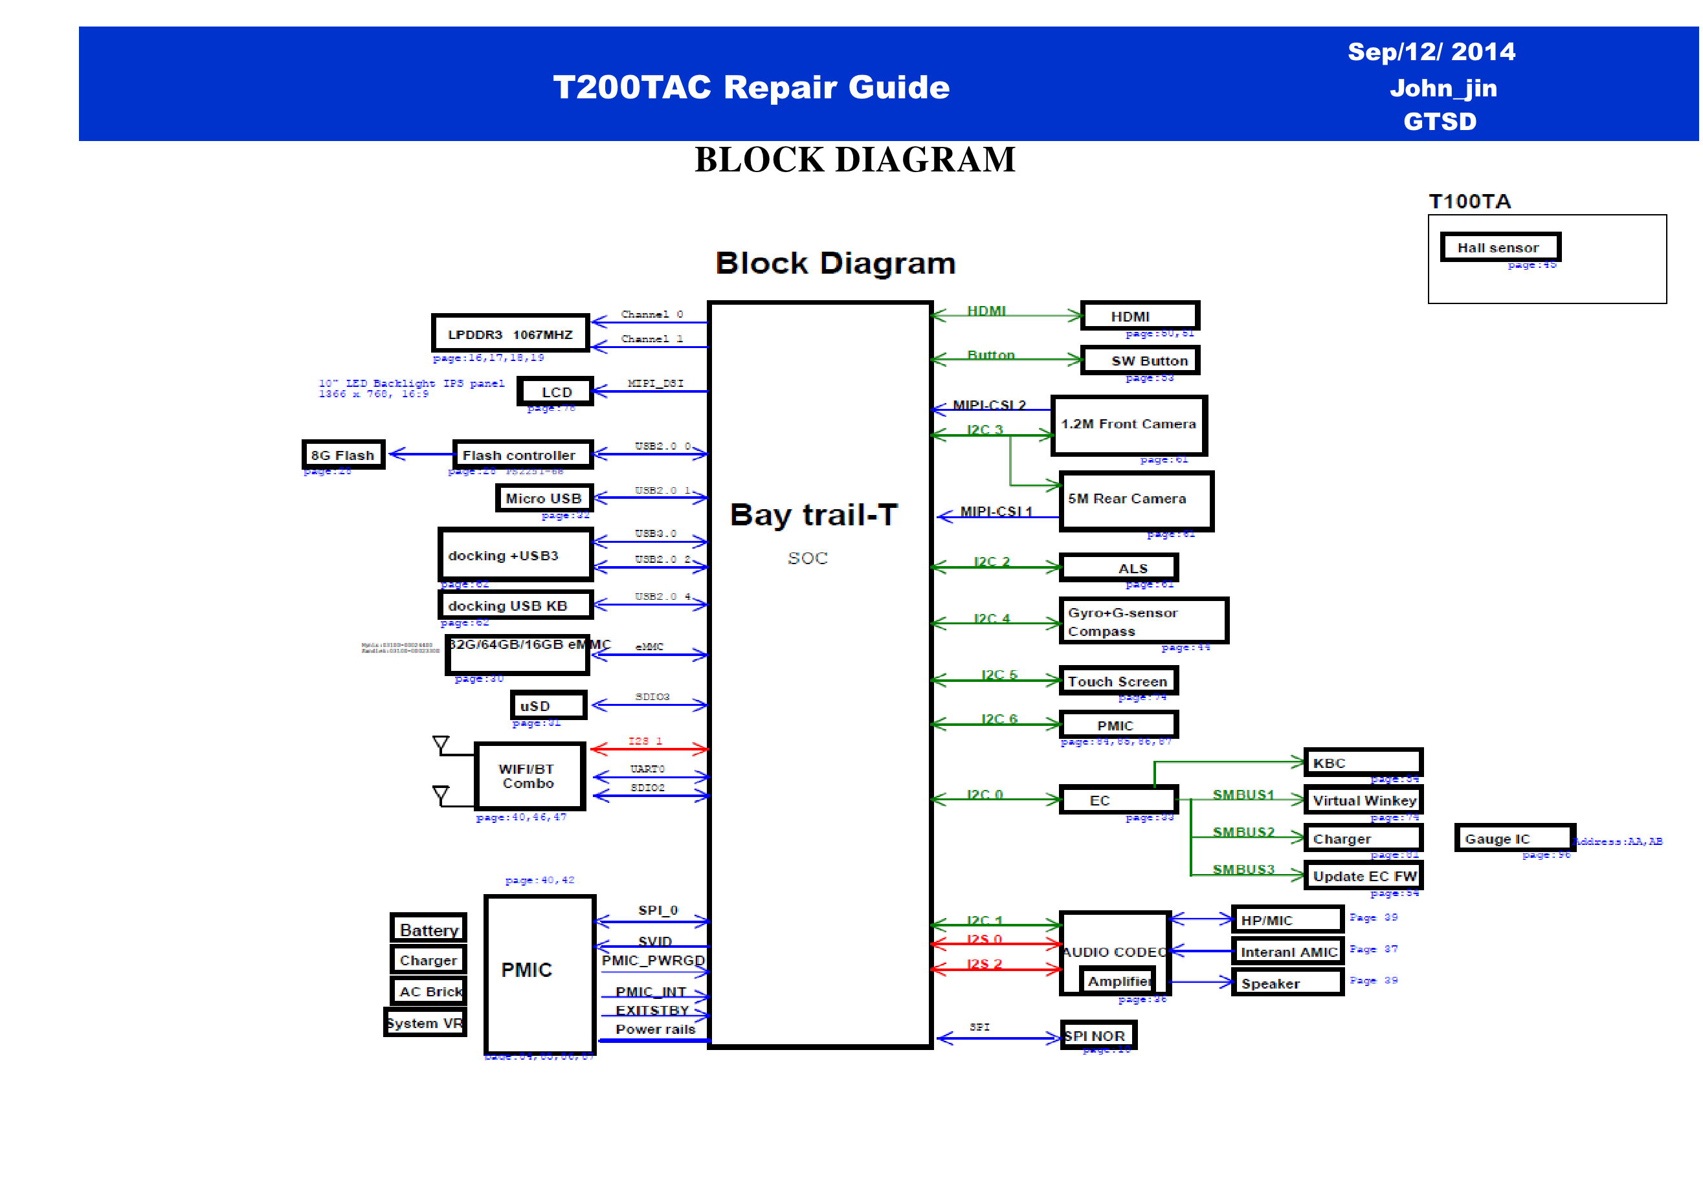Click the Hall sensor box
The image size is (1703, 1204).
point(1499,247)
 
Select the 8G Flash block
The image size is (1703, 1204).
point(342,454)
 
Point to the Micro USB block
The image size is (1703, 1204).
point(544,498)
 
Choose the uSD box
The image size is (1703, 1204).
point(548,705)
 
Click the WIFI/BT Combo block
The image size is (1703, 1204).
point(529,776)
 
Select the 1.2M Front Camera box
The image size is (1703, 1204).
point(1128,425)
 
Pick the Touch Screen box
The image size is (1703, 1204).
point(1117,681)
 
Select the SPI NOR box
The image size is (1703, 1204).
point(1097,1036)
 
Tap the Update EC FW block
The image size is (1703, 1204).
point(1363,876)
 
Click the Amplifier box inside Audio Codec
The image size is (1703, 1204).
point(1117,981)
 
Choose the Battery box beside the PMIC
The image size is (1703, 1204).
point(428,929)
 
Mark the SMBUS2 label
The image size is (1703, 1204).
point(1243,832)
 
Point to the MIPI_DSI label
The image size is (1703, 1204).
point(655,383)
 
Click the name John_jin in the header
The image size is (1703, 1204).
point(1443,88)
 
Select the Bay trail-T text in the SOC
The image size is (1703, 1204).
point(814,514)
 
